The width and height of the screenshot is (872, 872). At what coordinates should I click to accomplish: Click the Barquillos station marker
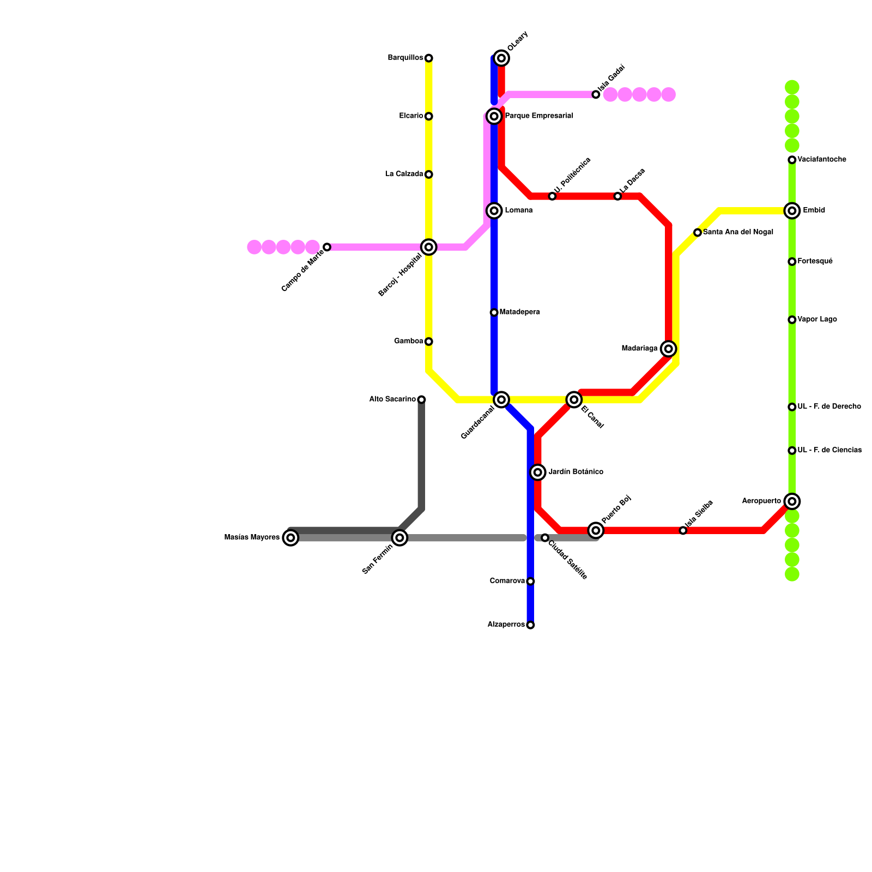(x=429, y=58)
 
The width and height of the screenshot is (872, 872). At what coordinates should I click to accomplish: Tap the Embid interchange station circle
(x=792, y=211)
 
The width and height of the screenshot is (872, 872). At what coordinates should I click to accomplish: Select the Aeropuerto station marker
(x=792, y=501)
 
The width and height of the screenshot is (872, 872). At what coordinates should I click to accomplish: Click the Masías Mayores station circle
(x=291, y=538)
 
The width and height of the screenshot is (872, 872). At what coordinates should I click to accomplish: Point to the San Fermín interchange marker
(x=399, y=538)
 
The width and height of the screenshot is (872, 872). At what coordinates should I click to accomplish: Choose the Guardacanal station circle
(x=501, y=399)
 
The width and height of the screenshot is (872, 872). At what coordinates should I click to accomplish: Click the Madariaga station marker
(x=669, y=349)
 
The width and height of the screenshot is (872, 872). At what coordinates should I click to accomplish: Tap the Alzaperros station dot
(x=530, y=625)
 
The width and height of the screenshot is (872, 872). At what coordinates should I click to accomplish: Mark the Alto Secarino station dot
(x=421, y=399)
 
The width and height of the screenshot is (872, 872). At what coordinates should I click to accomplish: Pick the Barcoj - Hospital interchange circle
(x=429, y=247)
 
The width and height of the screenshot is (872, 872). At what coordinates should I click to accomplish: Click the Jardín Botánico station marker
(x=538, y=473)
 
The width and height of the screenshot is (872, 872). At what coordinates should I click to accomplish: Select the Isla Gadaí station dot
(x=596, y=95)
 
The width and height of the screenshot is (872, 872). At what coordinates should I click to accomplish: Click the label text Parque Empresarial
(x=538, y=116)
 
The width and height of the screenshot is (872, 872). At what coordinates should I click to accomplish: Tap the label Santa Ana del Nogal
(x=738, y=232)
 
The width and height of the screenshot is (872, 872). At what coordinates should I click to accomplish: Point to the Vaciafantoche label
(x=821, y=160)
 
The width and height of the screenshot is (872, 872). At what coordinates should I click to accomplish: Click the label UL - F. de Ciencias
(x=829, y=450)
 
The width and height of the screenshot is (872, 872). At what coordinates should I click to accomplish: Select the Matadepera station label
(x=519, y=312)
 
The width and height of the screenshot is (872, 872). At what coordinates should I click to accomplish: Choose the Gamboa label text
(x=408, y=342)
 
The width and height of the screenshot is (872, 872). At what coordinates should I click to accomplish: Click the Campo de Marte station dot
(x=327, y=247)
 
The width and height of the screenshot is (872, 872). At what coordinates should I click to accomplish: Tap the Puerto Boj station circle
(x=596, y=530)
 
